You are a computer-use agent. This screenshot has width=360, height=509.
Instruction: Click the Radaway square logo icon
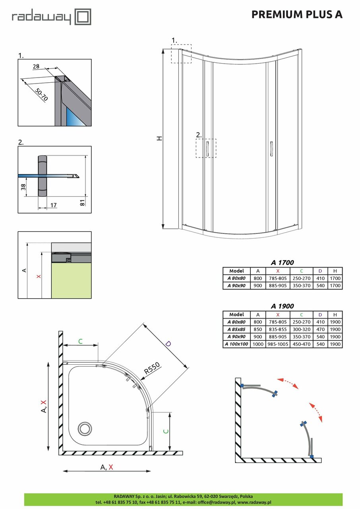pos(83,17)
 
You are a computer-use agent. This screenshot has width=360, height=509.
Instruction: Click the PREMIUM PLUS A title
pos(297,14)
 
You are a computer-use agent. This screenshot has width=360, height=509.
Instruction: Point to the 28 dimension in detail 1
pos(36,67)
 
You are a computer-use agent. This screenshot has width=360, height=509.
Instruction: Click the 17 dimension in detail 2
pos(54,205)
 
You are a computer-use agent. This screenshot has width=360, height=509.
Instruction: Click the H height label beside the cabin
pos(159,138)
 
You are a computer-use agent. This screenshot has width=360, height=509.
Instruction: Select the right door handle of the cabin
pos(271,149)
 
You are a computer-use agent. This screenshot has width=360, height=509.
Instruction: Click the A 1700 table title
pos(282,262)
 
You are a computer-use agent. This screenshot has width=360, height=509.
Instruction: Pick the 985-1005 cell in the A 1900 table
pos(278,344)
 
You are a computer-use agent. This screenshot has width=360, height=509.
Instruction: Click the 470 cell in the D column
pos(320,329)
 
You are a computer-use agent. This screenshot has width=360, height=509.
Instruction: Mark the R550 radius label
pos(152,369)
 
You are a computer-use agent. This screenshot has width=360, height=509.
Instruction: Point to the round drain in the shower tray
pos(84,428)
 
